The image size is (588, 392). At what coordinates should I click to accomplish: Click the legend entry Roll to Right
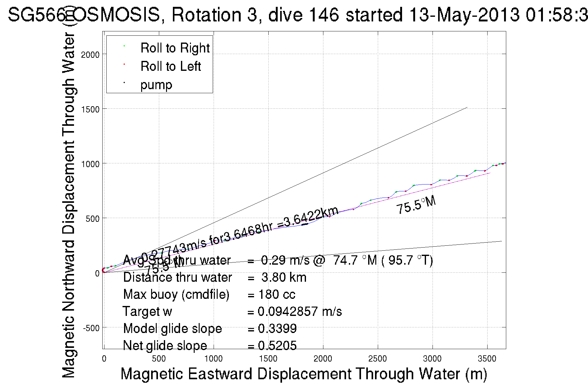(175, 48)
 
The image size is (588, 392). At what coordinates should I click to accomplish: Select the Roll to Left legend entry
(170, 66)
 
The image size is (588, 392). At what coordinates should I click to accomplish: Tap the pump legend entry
(156, 85)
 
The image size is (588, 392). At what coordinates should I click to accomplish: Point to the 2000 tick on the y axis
(90, 55)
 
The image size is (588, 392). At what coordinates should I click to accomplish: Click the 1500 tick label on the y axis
(90, 109)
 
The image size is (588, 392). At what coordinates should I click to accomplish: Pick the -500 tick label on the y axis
(91, 328)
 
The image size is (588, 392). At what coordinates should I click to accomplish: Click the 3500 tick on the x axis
(487, 359)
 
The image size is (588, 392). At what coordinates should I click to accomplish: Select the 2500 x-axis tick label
(377, 359)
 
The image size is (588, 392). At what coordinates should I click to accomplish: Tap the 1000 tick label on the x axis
(213, 359)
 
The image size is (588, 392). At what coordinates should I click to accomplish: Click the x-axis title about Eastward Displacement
(303, 374)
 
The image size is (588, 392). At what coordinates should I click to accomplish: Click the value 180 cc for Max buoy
(277, 294)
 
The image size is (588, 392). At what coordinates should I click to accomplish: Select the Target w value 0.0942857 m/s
(300, 312)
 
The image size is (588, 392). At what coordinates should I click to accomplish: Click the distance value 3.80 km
(284, 277)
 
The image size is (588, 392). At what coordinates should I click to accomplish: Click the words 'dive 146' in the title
(303, 15)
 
